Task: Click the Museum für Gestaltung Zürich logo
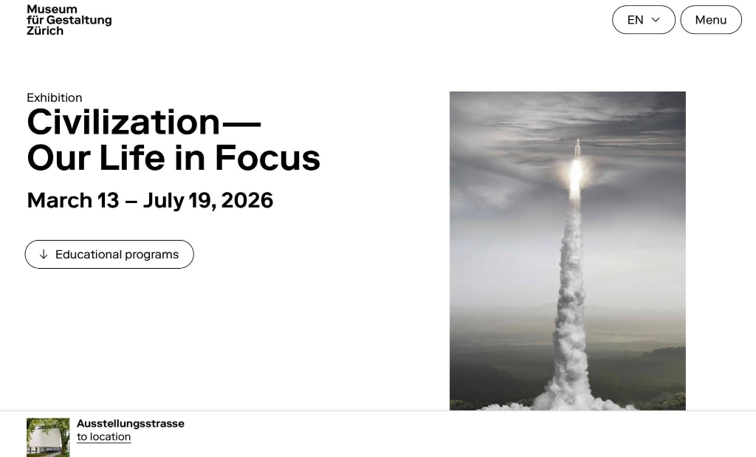click(69, 20)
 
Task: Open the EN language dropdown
click(644, 20)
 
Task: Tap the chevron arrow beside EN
click(656, 20)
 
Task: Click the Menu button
click(711, 20)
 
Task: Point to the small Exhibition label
click(55, 98)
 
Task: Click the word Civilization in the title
click(123, 123)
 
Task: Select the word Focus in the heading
click(267, 158)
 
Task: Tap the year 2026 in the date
click(247, 200)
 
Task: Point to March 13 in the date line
click(73, 200)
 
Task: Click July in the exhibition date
click(163, 201)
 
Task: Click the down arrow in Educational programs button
click(44, 254)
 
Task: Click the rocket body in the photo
click(577, 149)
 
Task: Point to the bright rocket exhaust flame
click(575, 176)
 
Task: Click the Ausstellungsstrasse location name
click(131, 424)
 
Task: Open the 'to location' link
click(103, 437)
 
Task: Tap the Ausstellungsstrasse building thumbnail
click(48, 437)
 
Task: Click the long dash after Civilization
click(241, 123)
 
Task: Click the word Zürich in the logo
click(45, 31)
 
